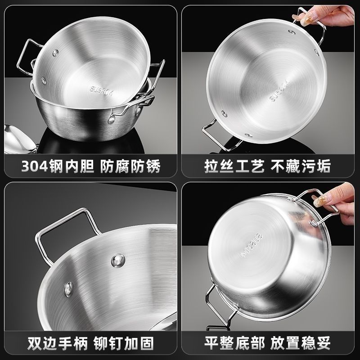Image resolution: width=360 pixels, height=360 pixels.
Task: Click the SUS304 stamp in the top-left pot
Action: pyautogui.click(x=102, y=91)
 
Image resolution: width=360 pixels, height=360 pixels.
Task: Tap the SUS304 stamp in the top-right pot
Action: pyautogui.click(x=279, y=90)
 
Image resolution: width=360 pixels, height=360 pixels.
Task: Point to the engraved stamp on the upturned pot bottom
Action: pyautogui.click(x=251, y=245)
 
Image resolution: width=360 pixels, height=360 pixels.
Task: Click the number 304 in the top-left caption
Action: pyautogui.click(x=35, y=166)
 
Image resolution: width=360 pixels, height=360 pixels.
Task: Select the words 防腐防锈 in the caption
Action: pyautogui.click(x=130, y=166)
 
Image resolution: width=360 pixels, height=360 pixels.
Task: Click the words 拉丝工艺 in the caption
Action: pyautogui.click(x=234, y=166)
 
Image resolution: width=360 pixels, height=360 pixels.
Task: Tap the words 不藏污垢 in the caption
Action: pyautogui.click(x=301, y=166)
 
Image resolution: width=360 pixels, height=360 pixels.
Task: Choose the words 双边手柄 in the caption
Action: pyautogui.click(x=58, y=343)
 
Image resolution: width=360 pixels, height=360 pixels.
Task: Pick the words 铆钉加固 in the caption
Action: pyautogui.click(x=124, y=343)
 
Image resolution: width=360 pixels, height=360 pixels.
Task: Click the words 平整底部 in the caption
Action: pyautogui.click(x=234, y=343)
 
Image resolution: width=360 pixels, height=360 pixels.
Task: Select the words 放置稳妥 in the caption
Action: pyautogui.click(x=301, y=343)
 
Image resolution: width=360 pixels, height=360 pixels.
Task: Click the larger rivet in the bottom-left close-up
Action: pyautogui.click(x=118, y=261)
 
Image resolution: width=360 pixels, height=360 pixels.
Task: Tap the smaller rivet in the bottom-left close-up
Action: pyautogui.click(x=69, y=289)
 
